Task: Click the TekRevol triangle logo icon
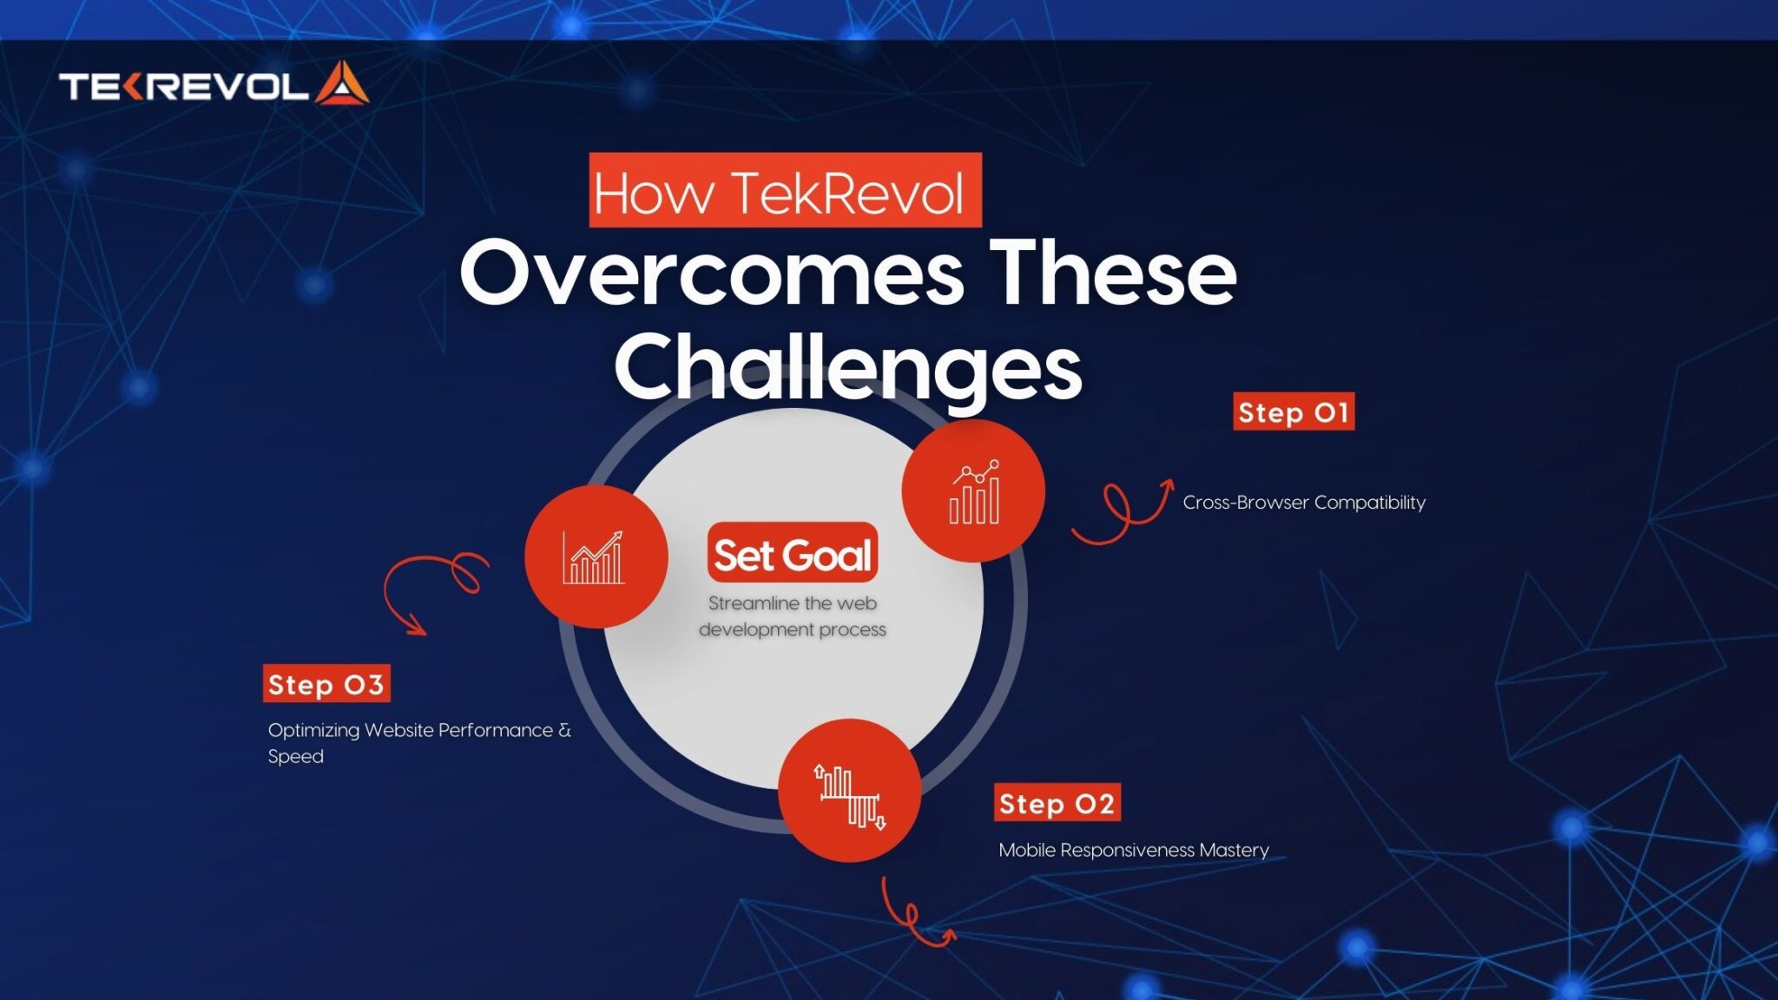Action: click(342, 84)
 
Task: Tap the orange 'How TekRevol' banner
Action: click(784, 191)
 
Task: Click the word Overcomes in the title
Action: click(711, 273)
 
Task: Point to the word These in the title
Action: click(1113, 273)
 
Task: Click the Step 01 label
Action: click(1293, 412)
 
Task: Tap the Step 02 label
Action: click(1057, 804)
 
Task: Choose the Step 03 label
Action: click(326, 684)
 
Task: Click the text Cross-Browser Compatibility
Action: click(1303, 503)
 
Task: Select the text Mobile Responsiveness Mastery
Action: click(1133, 850)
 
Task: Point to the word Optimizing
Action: click(313, 730)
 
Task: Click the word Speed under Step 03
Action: click(295, 756)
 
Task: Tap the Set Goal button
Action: click(792, 554)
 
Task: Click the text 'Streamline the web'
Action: click(792, 603)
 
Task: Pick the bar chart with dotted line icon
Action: click(973, 491)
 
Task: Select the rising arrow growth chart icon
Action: click(596, 556)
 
